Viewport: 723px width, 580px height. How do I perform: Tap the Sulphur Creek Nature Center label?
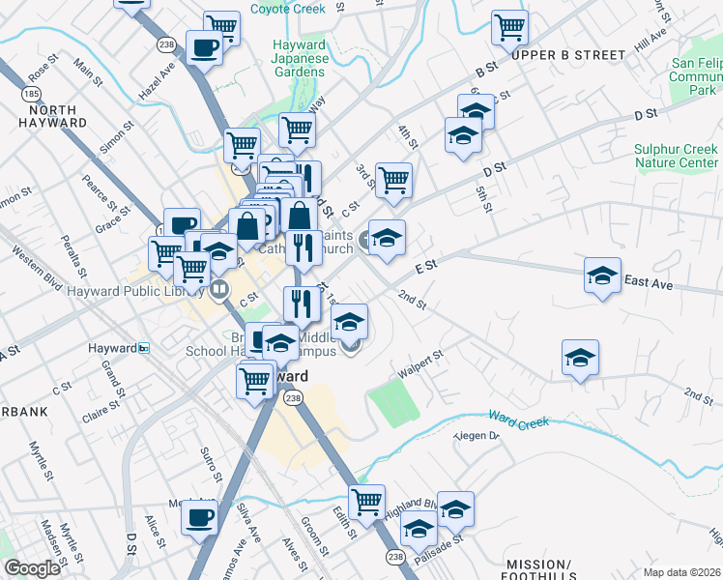(x=676, y=157)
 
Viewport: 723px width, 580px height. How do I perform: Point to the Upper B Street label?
(x=563, y=55)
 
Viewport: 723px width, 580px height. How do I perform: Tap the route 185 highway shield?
(x=30, y=94)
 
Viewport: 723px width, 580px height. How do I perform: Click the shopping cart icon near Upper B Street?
(x=509, y=27)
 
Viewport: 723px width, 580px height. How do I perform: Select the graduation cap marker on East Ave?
(x=602, y=275)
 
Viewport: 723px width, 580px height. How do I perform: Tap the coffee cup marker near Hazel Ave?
(x=205, y=46)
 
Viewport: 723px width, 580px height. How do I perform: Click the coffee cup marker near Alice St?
(x=200, y=517)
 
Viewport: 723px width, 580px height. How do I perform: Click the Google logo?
(x=32, y=568)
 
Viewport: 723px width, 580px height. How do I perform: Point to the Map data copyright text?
(x=682, y=570)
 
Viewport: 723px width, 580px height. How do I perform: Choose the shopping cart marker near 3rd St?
(x=393, y=180)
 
